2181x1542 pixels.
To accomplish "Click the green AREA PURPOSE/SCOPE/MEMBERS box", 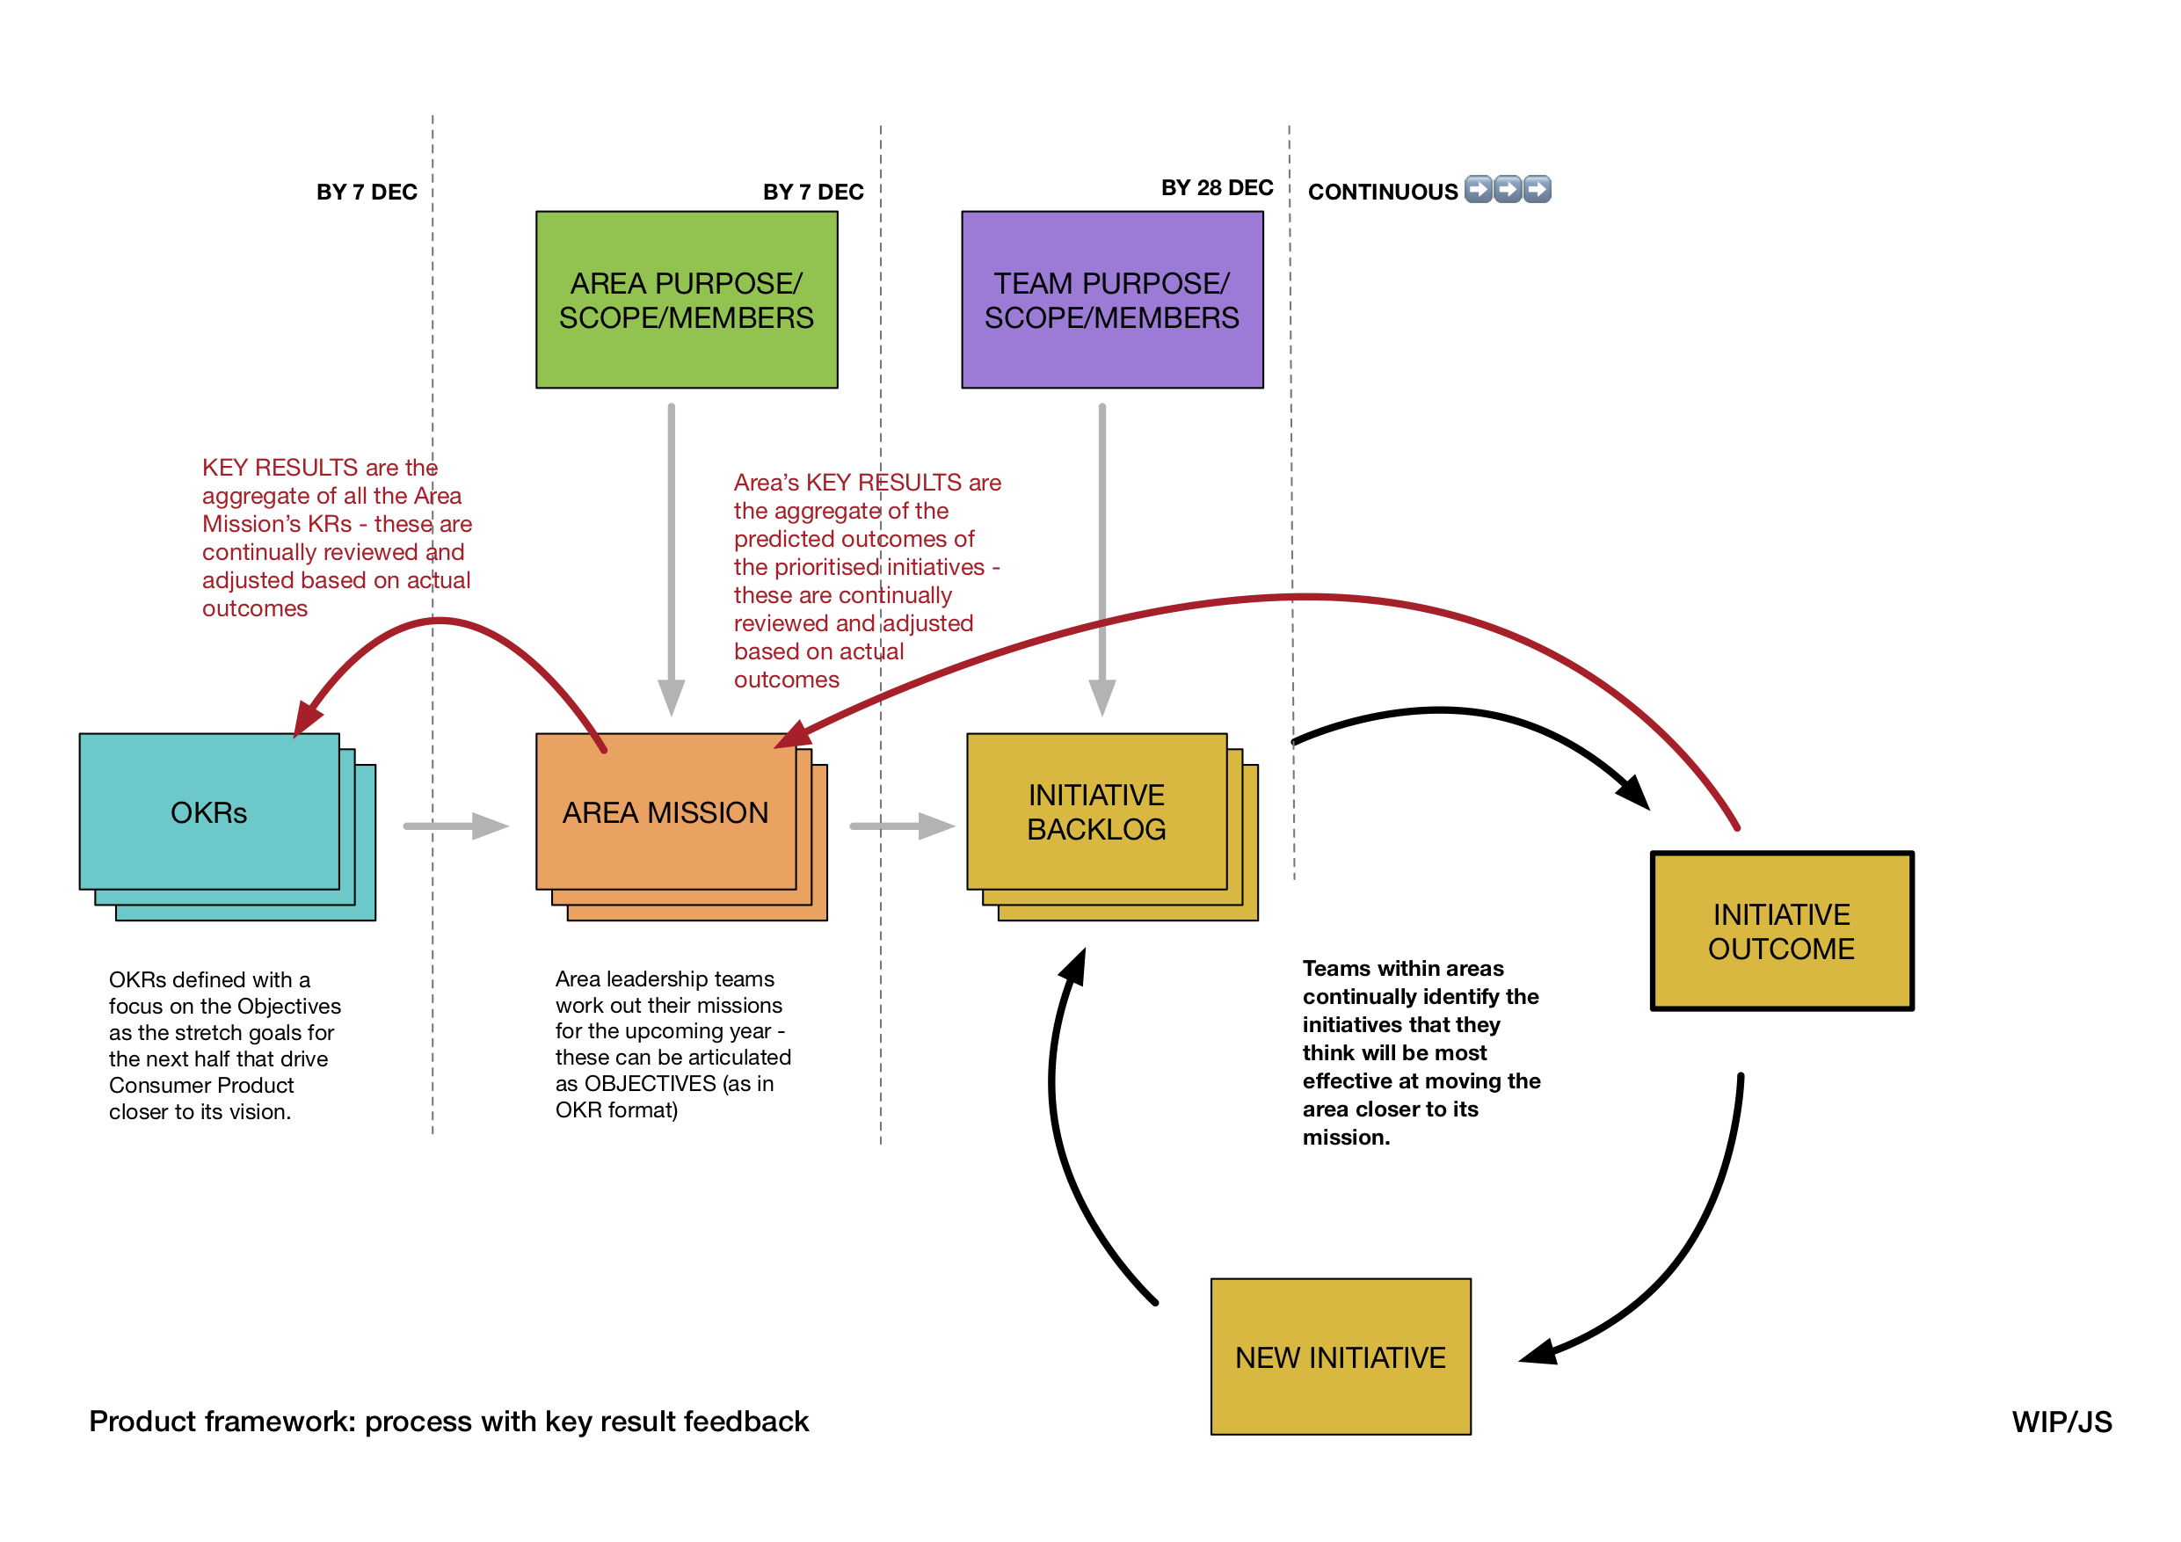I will tap(686, 299).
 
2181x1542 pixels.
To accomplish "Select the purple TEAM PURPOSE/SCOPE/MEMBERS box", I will tap(1111, 299).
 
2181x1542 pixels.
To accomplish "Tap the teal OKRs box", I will tap(209, 811).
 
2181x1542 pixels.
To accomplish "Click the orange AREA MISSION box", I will tap(665, 811).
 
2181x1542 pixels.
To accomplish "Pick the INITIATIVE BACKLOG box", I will tap(1096, 811).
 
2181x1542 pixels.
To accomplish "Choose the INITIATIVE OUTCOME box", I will tap(1781, 931).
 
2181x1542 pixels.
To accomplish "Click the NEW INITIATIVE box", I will tap(1341, 1357).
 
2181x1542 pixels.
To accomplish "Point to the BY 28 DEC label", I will tap(1217, 187).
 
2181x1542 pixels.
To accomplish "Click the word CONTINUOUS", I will tap(1382, 192).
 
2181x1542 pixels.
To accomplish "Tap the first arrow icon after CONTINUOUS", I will tap(1478, 189).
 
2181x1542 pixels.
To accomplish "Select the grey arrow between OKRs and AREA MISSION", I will tap(456, 826).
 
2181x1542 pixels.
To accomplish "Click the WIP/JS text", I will tap(2061, 1422).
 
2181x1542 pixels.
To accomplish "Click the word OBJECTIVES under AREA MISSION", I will tap(650, 1083).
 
